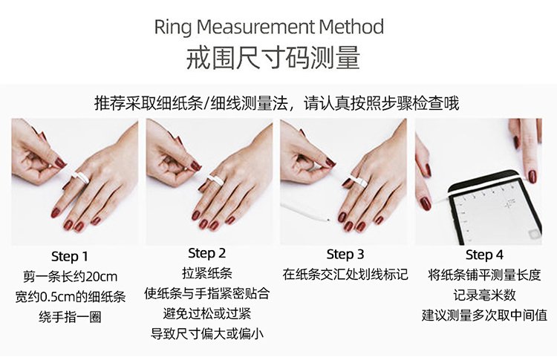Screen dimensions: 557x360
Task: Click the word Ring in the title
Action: tap(172, 27)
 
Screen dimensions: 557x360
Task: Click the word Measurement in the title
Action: tap(255, 27)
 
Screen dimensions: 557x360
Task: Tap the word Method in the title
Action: tap(352, 27)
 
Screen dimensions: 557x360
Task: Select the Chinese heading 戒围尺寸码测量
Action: tap(273, 57)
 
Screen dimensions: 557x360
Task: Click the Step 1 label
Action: tap(69, 256)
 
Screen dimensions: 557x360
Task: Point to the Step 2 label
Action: tap(206, 253)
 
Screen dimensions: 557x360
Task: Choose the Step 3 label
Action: tap(345, 254)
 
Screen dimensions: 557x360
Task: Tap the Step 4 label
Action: tap(484, 255)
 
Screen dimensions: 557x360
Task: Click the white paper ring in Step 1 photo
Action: tap(81, 177)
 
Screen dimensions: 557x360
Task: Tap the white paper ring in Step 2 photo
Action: tap(215, 180)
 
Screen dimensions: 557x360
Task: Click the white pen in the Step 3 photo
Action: tap(305, 212)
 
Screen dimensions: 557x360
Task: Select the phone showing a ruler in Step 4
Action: tap(495, 209)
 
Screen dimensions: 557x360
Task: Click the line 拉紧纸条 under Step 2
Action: tap(207, 273)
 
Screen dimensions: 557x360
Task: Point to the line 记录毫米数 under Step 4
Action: tap(484, 295)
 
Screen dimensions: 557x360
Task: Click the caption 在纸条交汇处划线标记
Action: tap(345, 275)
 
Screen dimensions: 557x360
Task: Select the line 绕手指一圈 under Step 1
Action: tap(70, 317)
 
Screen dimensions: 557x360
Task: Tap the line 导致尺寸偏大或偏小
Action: tap(207, 334)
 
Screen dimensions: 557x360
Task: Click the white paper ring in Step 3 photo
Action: tap(358, 181)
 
